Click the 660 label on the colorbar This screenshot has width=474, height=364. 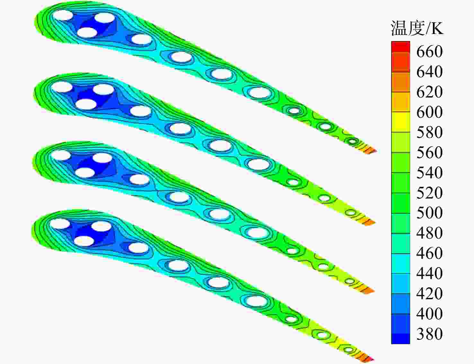pos(429,51)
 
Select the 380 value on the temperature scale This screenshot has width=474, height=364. pos(429,334)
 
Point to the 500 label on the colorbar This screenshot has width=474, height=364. pos(429,213)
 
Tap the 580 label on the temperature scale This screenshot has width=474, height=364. pos(429,132)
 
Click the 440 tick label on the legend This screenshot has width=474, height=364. pos(429,273)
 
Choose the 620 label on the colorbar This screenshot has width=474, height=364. pos(429,92)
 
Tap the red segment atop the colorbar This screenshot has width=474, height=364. pos(400,47)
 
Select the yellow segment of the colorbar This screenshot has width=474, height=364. pos(400,122)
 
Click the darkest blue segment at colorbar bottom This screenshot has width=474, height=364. pos(400,339)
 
